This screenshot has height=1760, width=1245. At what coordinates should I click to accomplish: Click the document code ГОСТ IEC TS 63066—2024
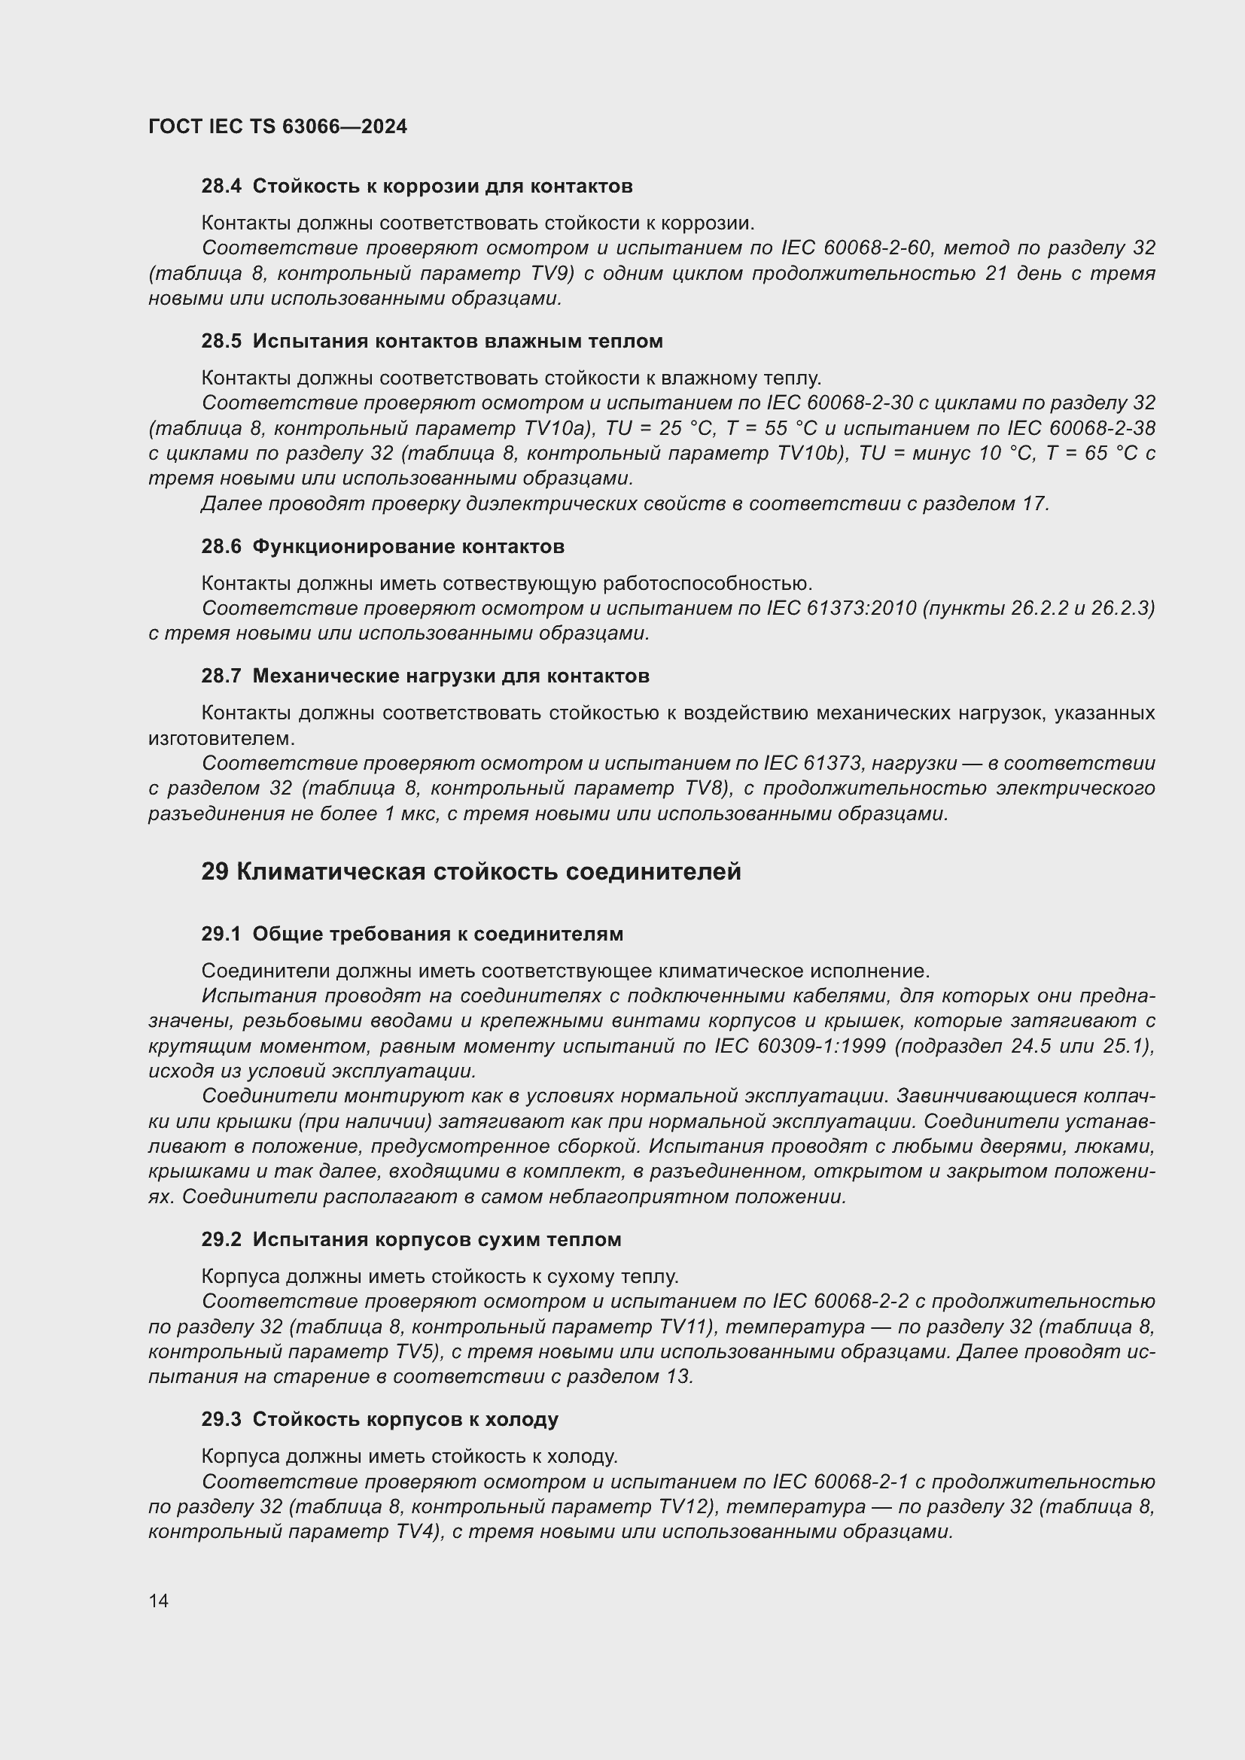click(278, 126)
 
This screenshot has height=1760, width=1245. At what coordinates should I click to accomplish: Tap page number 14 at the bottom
click(159, 1600)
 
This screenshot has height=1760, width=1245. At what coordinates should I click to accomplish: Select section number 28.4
click(221, 186)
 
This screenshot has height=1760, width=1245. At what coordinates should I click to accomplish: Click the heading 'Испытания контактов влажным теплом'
click(458, 341)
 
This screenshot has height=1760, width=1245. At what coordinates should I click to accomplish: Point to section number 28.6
click(221, 546)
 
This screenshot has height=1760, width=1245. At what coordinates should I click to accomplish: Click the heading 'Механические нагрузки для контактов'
click(451, 676)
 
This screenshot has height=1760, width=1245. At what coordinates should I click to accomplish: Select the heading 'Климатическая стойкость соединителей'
click(489, 871)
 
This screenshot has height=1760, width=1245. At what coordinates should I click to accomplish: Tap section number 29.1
click(221, 934)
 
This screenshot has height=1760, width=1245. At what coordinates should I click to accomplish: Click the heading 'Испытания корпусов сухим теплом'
click(437, 1239)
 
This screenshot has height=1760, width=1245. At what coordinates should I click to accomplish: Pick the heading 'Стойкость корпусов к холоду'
click(405, 1419)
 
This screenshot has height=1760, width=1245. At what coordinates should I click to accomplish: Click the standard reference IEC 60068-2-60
click(856, 248)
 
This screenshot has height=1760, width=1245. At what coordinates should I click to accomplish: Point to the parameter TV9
click(549, 273)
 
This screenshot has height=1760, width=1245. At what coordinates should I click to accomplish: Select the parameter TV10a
click(565, 427)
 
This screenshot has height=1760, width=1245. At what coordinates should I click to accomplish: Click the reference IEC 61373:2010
click(841, 608)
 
